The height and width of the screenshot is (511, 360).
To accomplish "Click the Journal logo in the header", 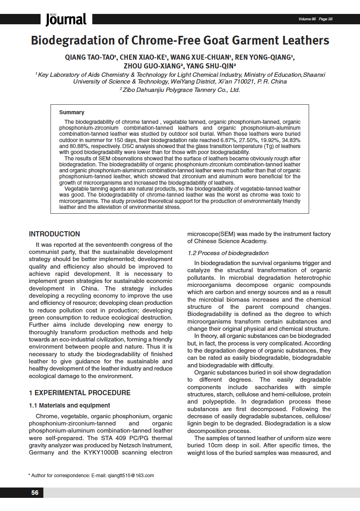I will (66, 19).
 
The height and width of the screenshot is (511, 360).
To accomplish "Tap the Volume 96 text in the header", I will (307, 19).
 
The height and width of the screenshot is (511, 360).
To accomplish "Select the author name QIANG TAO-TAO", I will (90, 57).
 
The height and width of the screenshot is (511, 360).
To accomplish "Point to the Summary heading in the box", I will (72, 113).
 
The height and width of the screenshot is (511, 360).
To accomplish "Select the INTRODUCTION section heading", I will (54, 234).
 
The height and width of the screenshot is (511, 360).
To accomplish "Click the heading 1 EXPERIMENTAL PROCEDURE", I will (80, 393).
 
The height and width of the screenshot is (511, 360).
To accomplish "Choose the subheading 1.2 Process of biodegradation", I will (228, 253).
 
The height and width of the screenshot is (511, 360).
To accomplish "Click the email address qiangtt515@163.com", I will (131, 475).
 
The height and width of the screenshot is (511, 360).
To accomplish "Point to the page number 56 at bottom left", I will (35, 493).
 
